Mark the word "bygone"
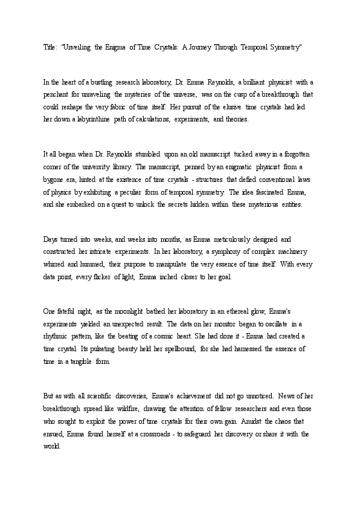54,180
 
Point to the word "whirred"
55,265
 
